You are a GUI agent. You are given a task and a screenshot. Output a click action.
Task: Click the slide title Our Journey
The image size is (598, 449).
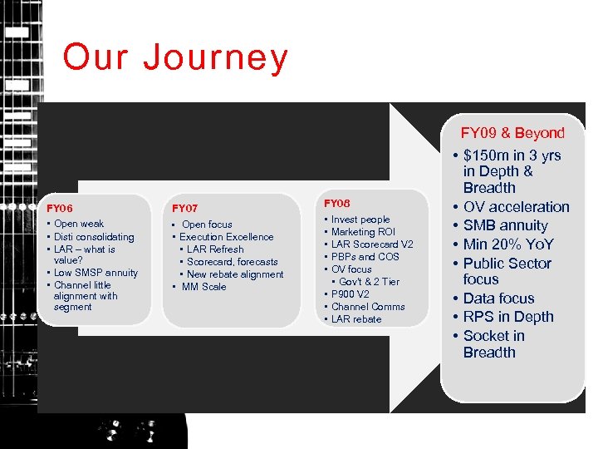click(x=175, y=58)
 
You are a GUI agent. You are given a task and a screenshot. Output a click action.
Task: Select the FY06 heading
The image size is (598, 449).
click(x=60, y=208)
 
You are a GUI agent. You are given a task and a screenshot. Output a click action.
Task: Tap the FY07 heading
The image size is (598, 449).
click(x=184, y=208)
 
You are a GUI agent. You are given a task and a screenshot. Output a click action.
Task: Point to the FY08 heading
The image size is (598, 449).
click(x=337, y=204)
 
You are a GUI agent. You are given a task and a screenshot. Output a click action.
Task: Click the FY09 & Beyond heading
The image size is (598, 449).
click(x=512, y=133)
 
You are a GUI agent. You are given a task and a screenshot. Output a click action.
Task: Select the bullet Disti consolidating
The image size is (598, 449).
click(x=94, y=237)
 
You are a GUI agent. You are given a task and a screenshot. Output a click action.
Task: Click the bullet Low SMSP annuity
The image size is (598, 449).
click(x=96, y=273)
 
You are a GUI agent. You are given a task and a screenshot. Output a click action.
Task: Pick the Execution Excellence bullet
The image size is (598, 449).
click(x=226, y=237)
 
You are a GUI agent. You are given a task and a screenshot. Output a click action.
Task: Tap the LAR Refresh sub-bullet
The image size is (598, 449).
click(x=215, y=249)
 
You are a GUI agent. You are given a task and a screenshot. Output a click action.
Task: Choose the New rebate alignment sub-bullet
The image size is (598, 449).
click(x=235, y=274)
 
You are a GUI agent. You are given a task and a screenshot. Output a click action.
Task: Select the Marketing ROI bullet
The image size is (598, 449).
click(x=363, y=232)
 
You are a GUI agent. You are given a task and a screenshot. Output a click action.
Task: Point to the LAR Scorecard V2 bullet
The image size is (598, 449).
click(x=371, y=244)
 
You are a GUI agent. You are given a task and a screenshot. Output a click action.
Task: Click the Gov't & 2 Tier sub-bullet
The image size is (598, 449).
click(x=369, y=282)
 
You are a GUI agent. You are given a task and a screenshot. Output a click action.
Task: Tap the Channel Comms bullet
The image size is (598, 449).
click(x=368, y=307)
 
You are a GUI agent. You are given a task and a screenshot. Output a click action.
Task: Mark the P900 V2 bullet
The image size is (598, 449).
click(x=350, y=294)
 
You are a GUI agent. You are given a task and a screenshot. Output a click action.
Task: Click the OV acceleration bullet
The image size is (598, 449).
click(x=516, y=207)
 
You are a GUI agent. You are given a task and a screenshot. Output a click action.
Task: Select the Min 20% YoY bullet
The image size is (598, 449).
click(x=507, y=244)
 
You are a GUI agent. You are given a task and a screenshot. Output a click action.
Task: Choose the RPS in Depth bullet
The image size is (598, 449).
click(x=507, y=317)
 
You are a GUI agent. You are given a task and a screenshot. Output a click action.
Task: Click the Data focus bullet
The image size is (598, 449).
click(x=498, y=299)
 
